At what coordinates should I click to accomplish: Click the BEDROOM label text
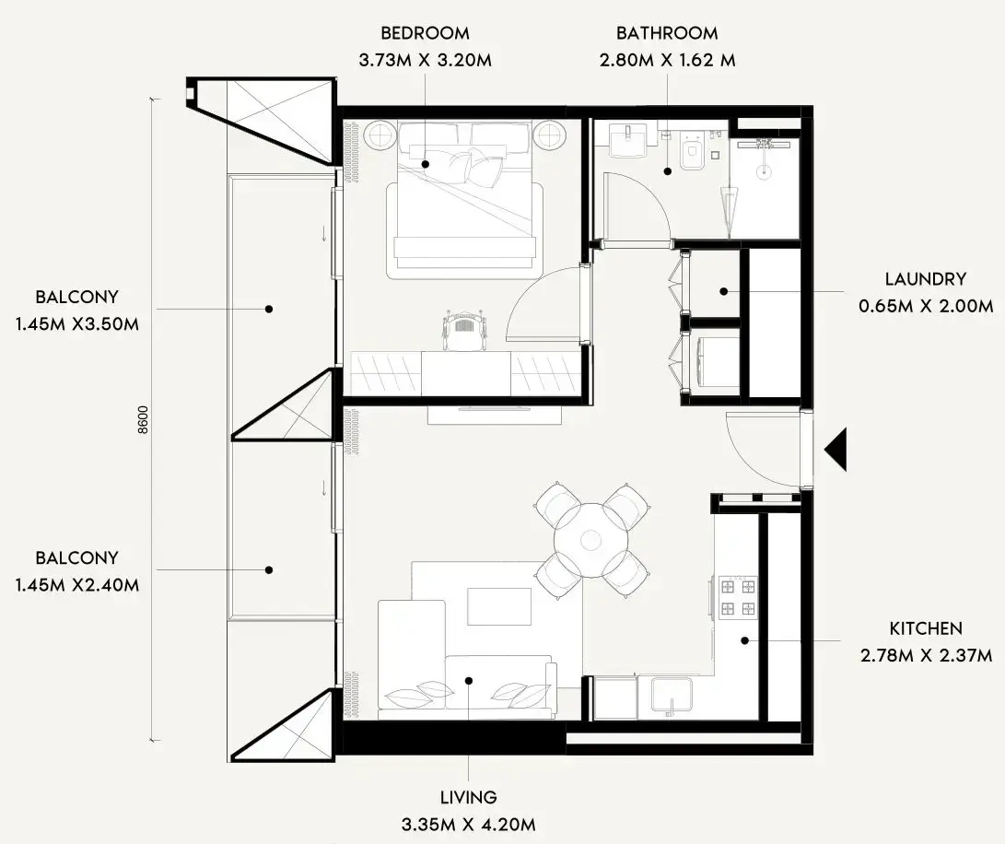(425, 33)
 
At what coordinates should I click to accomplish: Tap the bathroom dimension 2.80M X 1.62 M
(667, 61)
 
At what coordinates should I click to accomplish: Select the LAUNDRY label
(925, 279)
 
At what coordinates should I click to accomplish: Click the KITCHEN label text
(926, 628)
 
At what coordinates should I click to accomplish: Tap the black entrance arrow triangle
(836, 451)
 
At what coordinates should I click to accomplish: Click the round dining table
(590, 540)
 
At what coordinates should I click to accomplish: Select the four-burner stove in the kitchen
(739, 597)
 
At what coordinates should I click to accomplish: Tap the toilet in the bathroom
(692, 153)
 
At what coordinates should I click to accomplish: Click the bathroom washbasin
(634, 141)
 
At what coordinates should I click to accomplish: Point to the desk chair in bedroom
(464, 330)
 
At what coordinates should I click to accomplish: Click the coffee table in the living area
(498, 606)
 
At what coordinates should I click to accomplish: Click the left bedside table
(379, 135)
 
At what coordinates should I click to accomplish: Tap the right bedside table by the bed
(550, 135)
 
